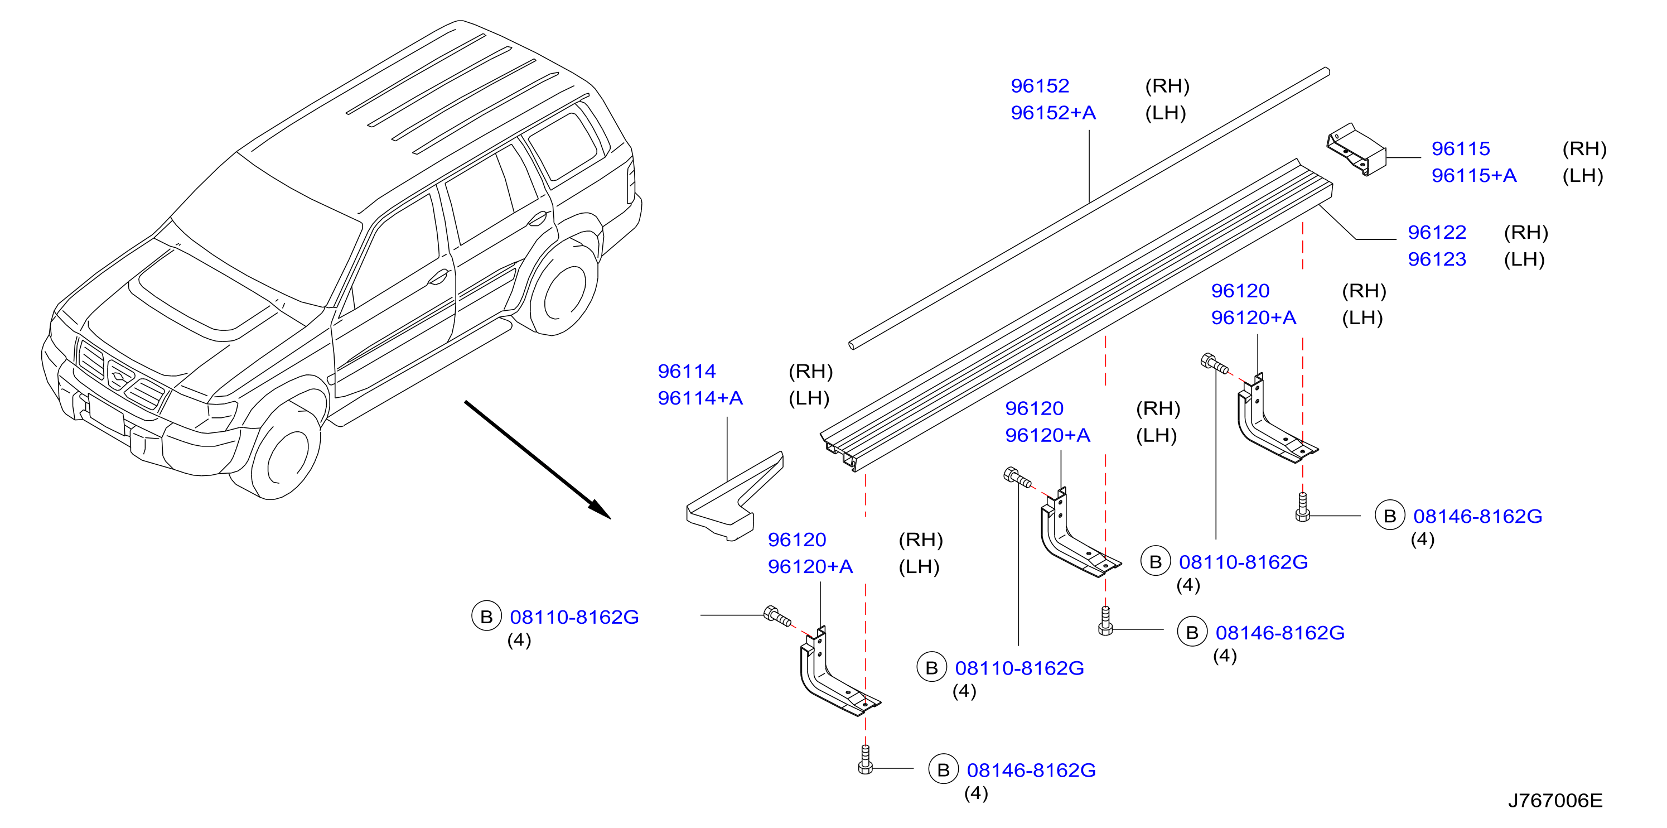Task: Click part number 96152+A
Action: pos(1053,113)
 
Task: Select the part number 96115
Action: pos(1461,149)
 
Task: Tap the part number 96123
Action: pos(1437,259)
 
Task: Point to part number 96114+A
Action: pos(700,398)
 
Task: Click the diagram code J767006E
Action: pos(1555,801)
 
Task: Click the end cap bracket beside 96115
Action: pos(1356,150)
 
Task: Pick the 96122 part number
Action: pos(1437,233)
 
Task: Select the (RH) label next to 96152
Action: pos(1167,86)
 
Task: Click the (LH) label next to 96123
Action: pos(1524,259)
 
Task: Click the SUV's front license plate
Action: pos(105,415)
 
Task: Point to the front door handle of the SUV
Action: pos(439,278)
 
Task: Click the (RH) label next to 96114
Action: pos(810,372)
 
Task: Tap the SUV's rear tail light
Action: pos(630,181)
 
